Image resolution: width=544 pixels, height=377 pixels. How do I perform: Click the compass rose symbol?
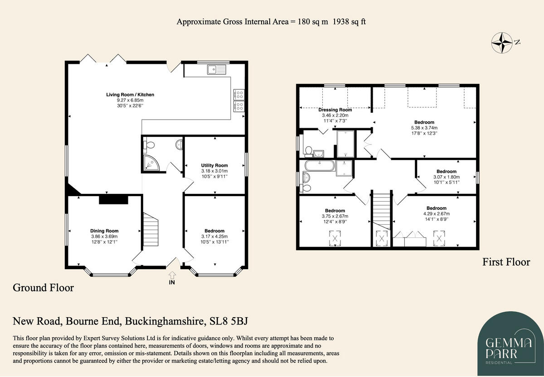coord(503,43)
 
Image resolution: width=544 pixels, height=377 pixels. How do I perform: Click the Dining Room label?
coord(104,231)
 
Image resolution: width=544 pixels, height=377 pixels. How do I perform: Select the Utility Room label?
coord(214,165)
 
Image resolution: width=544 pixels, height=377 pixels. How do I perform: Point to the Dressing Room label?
coord(335,110)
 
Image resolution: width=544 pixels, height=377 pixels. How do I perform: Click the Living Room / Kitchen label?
coord(130,95)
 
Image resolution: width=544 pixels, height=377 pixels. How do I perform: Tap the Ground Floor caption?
coord(43,288)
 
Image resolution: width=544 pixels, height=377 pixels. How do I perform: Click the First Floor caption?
coord(506,262)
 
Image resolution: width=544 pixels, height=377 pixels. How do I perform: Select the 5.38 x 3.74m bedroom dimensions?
coord(424,128)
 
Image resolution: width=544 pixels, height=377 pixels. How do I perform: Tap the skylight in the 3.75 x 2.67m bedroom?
coord(335,237)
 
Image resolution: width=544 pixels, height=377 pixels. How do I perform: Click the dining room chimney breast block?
coord(113,199)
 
